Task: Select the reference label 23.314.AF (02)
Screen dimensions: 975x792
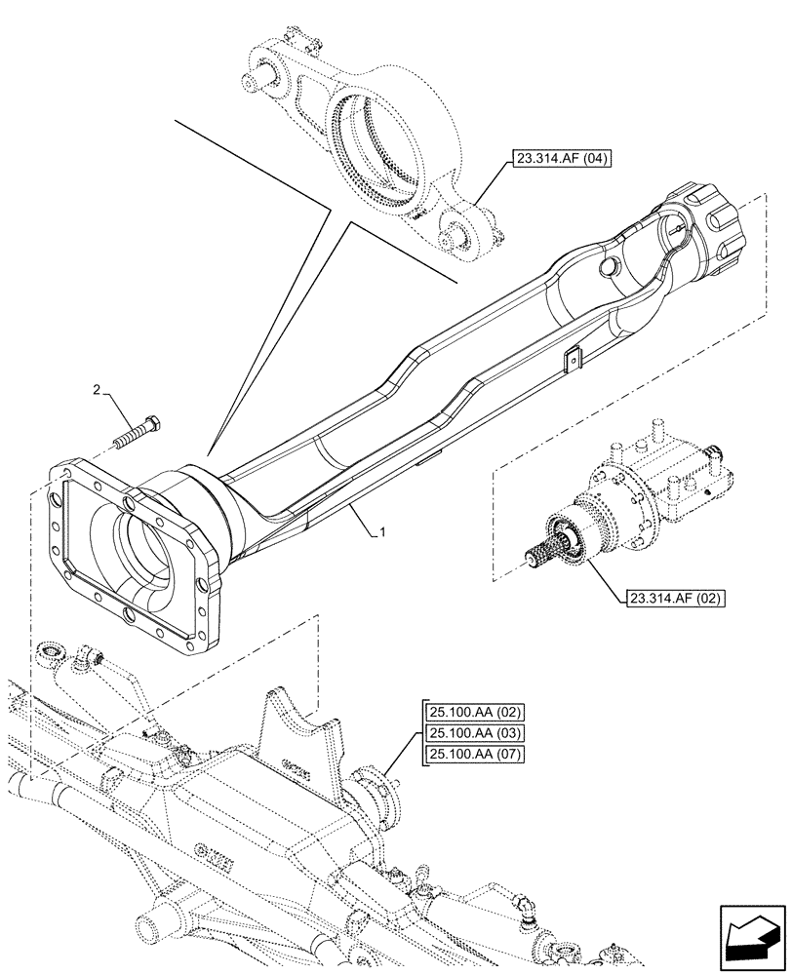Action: click(667, 597)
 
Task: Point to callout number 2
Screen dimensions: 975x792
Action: click(97, 390)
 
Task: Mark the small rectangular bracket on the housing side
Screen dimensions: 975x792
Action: click(574, 357)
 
